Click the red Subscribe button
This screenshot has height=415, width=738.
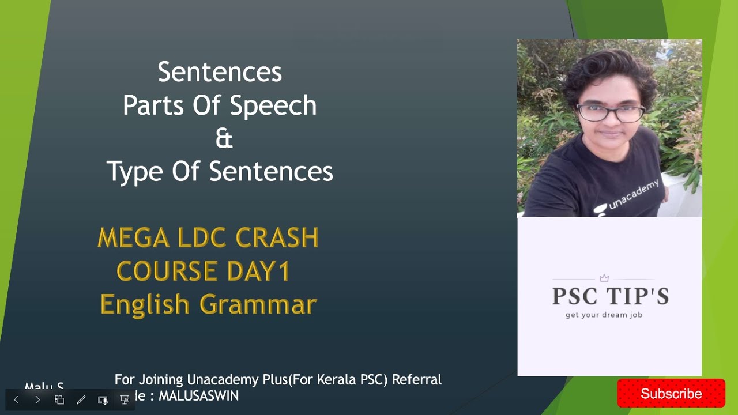point(671,394)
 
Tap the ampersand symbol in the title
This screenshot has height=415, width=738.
point(224,139)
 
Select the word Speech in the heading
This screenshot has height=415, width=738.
point(273,105)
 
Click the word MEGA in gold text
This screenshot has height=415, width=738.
point(133,238)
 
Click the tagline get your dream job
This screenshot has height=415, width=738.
point(604,315)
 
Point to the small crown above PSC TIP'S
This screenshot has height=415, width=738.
point(604,278)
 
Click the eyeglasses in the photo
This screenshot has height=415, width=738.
point(610,112)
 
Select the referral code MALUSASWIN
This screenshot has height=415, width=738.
point(198,396)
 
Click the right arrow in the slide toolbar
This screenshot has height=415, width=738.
point(37,399)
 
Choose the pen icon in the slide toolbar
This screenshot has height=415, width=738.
point(81,399)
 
